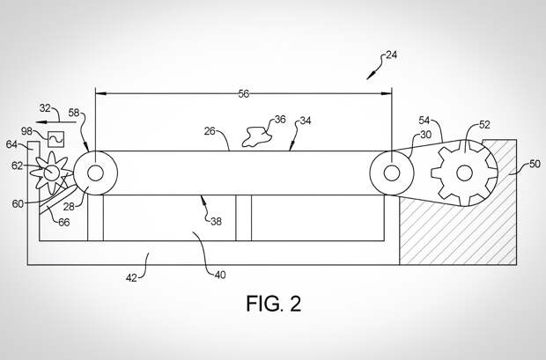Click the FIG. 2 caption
tap(272, 305)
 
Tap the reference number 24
tap(391, 55)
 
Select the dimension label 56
tap(243, 93)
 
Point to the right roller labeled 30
tap(391, 170)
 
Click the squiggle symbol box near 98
tap(55, 138)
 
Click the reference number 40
tap(218, 275)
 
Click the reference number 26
tap(210, 131)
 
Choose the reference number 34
tap(304, 121)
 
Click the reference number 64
tap(12, 143)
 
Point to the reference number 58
tap(76, 113)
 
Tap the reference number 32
tap(45, 108)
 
